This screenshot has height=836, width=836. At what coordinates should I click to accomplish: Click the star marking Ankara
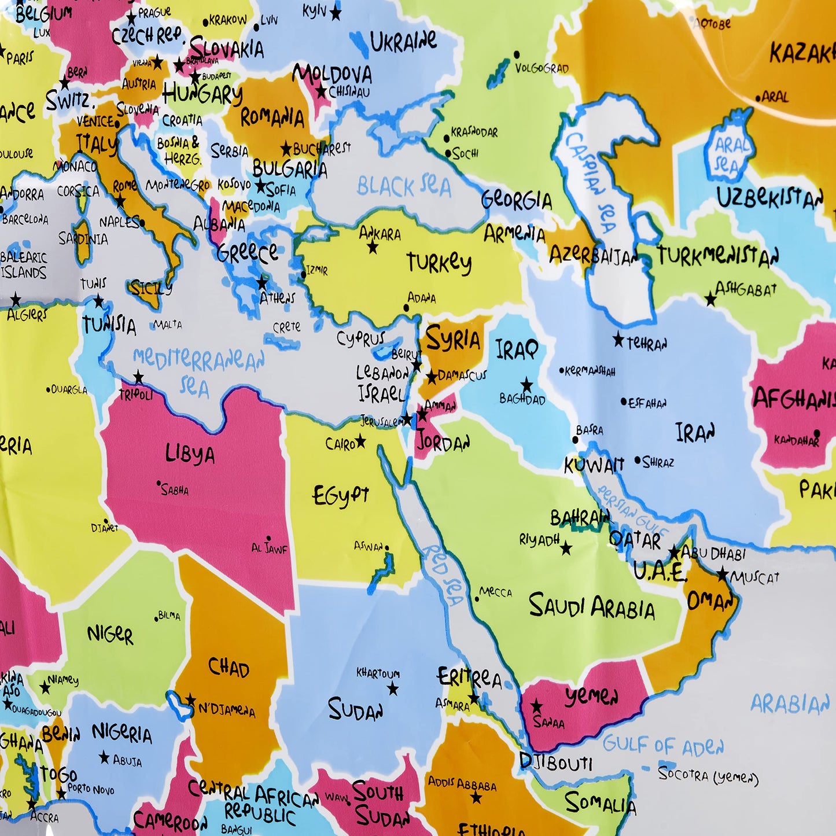point(373,248)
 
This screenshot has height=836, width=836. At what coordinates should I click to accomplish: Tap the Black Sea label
point(403,187)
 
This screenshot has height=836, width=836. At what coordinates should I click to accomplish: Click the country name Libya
point(190,454)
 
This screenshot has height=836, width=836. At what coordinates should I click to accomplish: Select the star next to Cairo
point(360,441)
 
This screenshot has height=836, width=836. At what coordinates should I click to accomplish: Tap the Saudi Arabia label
point(591,607)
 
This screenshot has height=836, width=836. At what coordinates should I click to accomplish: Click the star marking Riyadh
point(566,548)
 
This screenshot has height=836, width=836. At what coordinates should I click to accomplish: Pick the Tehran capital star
point(618,340)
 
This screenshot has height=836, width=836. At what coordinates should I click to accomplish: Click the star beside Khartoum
point(393,688)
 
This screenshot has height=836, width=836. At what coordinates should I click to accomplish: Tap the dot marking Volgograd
point(516,55)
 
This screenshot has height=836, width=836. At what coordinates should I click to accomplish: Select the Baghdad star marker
point(526,384)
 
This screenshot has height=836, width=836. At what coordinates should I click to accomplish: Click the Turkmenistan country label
point(717,256)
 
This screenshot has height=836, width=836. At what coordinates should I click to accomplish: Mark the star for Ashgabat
point(710,299)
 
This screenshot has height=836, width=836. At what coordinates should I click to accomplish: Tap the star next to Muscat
point(723,574)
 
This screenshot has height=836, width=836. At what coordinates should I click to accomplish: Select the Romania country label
point(272,117)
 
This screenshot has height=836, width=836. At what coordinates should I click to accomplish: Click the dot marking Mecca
point(477,598)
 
